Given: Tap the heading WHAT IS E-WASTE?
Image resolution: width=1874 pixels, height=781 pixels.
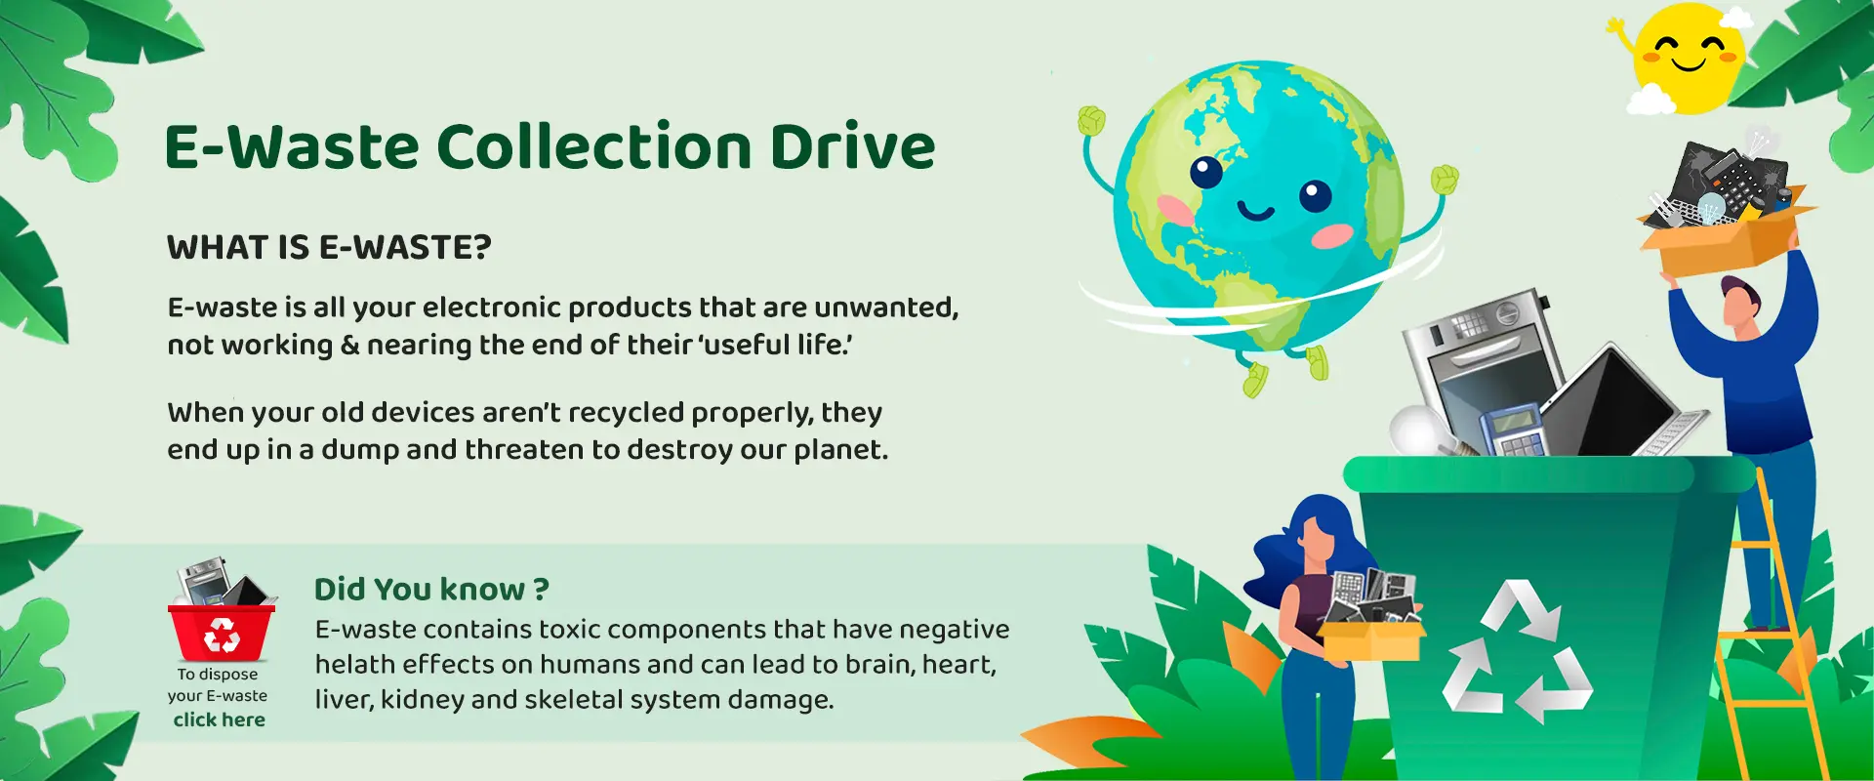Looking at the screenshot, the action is [329, 248].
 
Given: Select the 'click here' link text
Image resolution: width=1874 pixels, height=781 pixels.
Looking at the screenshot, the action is [220, 720].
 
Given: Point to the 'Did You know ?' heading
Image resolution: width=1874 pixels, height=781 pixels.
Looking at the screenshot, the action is [431, 590].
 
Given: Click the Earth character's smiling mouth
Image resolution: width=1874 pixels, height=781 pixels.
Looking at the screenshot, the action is [1256, 212].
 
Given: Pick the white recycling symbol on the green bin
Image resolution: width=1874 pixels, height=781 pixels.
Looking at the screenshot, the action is [1517, 651].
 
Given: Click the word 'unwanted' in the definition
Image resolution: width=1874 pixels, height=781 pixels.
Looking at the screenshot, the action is [885, 308].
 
